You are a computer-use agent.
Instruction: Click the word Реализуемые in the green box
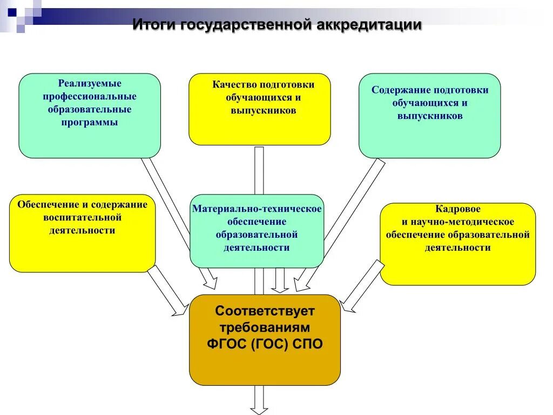pyautogui.click(x=90, y=84)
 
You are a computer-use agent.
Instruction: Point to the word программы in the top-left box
pyautogui.click(x=90, y=123)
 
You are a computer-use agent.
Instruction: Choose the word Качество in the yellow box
pyautogui.click(x=234, y=84)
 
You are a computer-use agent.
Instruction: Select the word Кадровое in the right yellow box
pyautogui.click(x=457, y=209)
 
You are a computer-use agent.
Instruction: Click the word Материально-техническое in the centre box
pyautogui.click(x=257, y=209)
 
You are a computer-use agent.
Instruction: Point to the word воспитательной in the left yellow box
pyautogui.click(x=82, y=218)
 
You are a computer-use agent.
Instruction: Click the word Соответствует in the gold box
pyautogui.click(x=265, y=311)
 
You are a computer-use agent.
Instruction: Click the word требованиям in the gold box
pyautogui.click(x=265, y=327)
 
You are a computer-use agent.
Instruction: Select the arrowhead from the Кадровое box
pyautogui.click(x=348, y=307)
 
